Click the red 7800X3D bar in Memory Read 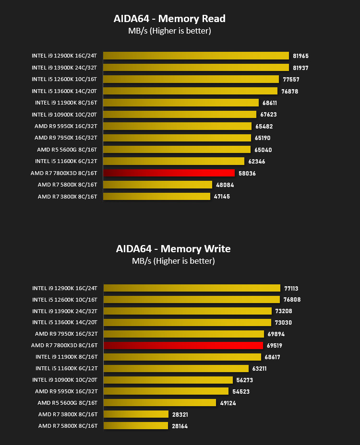click(x=169, y=173)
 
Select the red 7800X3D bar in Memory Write click(x=183, y=345)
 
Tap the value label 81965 click(x=300, y=56)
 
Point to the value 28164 click(x=180, y=426)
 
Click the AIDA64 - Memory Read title click(x=169, y=19)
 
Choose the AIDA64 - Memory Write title click(x=173, y=249)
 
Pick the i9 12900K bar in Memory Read click(x=196, y=56)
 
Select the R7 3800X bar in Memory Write click(x=136, y=414)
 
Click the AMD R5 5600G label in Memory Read click(x=67, y=150)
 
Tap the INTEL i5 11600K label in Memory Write click(x=67, y=368)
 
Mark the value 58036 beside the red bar click(x=247, y=173)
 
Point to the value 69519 click(x=275, y=345)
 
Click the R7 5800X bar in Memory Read click(x=157, y=185)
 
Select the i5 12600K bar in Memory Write click(x=192, y=299)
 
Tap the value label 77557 click(x=291, y=80)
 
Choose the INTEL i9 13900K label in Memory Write click(x=65, y=311)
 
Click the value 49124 click(x=228, y=403)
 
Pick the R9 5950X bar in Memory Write click(x=166, y=391)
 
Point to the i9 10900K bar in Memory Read click(x=180, y=115)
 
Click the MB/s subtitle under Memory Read click(x=169, y=31)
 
